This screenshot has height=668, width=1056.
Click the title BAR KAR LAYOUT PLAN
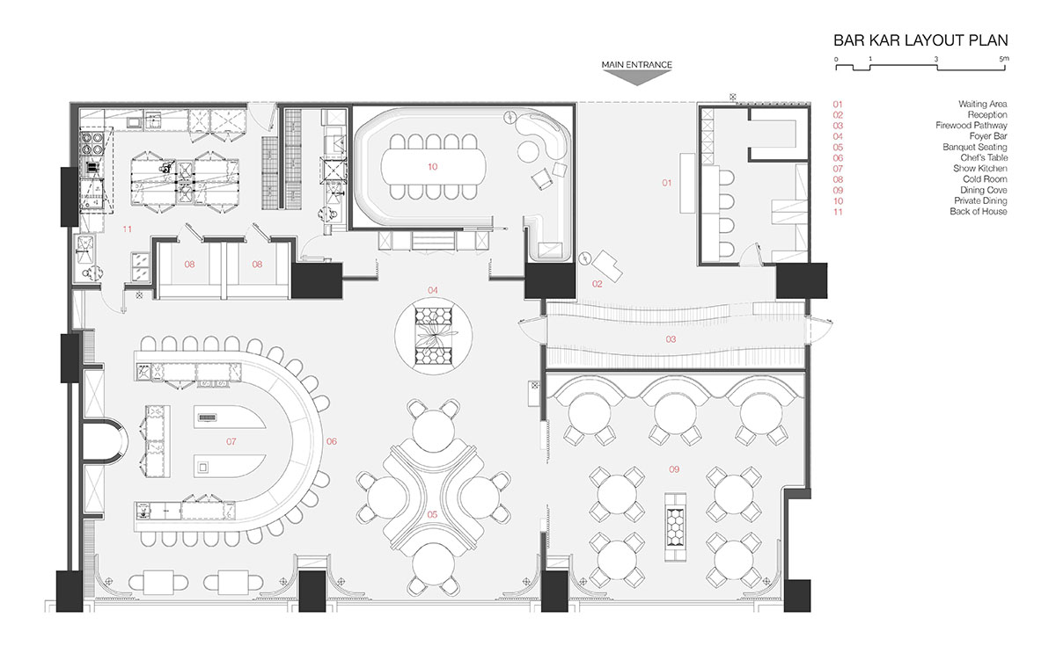(920, 40)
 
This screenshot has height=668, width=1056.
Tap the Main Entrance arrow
(636, 78)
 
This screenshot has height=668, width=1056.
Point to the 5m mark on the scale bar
(1004, 59)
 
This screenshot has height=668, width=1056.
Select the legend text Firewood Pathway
(972, 126)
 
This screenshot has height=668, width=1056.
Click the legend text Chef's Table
(984, 157)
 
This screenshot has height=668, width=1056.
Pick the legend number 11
(838, 212)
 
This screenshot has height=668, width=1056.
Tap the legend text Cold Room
(985, 179)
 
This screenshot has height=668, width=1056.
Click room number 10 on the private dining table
(433, 167)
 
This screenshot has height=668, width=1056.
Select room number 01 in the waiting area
(667, 183)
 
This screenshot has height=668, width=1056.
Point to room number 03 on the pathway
(671, 339)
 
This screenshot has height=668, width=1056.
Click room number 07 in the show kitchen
(231, 441)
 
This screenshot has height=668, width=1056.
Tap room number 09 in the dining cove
(674, 469)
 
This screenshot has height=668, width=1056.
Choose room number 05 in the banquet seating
(432, 514)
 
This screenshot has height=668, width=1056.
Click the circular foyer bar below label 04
(433, 336)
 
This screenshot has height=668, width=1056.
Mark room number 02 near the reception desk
(598, 284)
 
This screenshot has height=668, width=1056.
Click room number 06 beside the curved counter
(332, 441)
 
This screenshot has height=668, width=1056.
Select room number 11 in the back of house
(128, 229)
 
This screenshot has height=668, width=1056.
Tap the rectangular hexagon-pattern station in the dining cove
(676, 527)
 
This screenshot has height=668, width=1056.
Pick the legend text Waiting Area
(982, 104)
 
